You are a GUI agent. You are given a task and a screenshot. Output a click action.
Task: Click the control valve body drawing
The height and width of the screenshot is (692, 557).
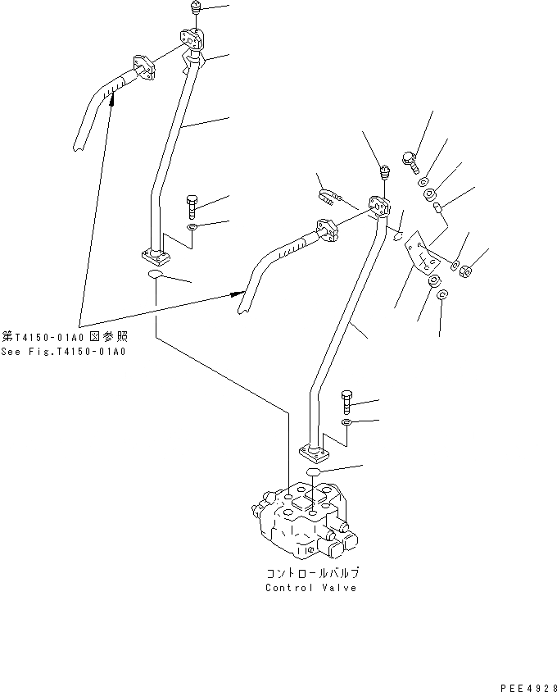pyautogui.click(x=303, y=520)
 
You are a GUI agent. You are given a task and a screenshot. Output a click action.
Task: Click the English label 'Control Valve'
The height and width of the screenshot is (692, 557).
pyautogui.click(x=310, y=588)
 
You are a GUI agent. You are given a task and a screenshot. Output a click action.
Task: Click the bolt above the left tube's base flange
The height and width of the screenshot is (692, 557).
pyautogui.click(x=192, y=204)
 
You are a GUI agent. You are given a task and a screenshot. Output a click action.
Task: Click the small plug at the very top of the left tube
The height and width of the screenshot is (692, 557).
pyautogui.click(x=196, y=9)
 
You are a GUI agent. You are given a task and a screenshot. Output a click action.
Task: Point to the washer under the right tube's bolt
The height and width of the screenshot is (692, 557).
pyautogui.click(x=347, y=422)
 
